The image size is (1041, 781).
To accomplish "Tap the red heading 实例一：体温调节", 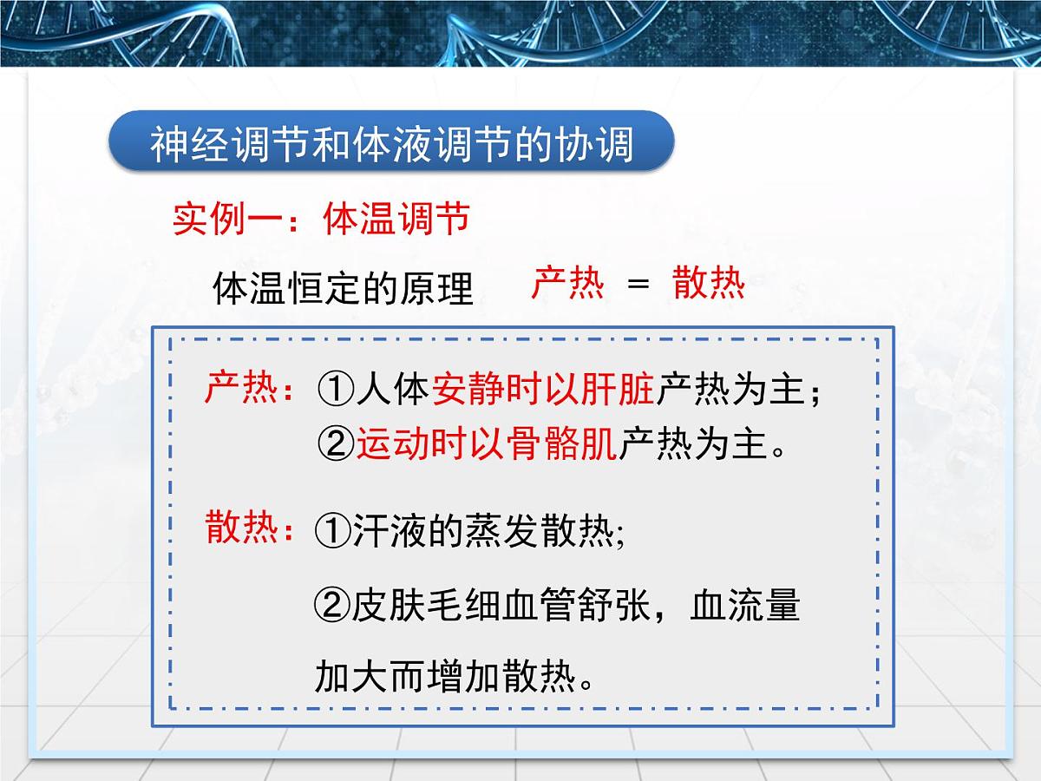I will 321,219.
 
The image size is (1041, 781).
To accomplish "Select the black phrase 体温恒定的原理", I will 343,288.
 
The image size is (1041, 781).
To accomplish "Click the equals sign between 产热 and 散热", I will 638,284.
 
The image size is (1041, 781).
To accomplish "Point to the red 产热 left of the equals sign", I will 567,283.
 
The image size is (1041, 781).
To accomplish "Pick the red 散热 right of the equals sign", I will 709,283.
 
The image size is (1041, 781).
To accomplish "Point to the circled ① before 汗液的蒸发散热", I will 333,529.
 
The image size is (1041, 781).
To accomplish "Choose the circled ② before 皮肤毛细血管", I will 332,606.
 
